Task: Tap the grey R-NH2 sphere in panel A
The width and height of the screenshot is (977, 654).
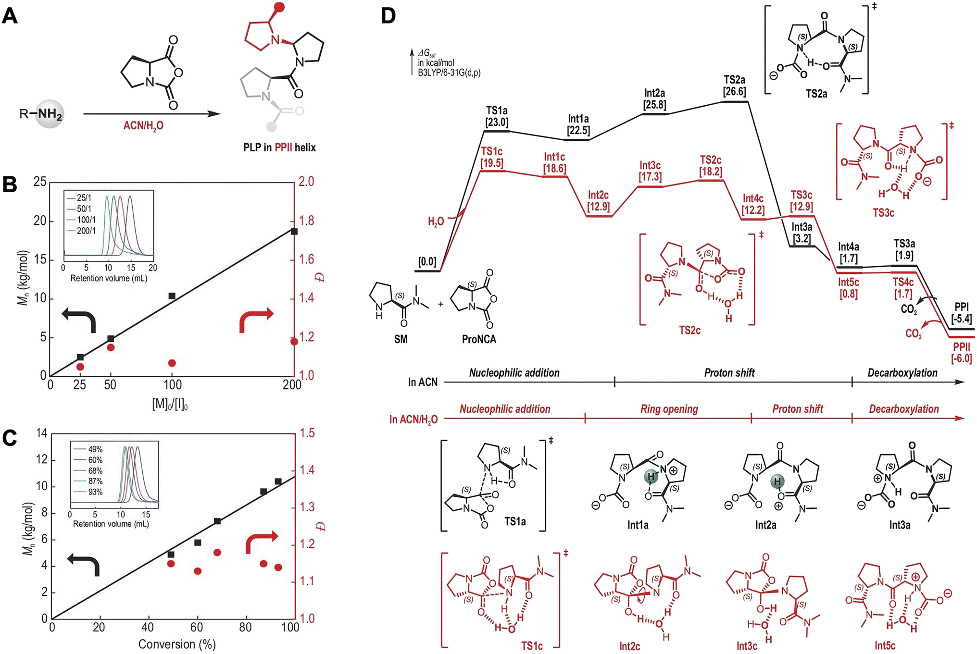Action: click(x=50, y=114)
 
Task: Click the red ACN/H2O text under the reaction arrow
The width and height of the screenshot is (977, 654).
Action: click(x=143, y=126)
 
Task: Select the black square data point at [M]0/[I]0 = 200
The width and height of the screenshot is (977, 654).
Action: click(x=294, y=231)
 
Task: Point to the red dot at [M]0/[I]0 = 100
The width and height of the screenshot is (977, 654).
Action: click(x=172, y=363)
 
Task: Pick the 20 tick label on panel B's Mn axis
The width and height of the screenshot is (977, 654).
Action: click(x=40, y=221)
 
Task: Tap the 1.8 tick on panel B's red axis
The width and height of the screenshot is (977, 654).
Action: click(x=307, y=221)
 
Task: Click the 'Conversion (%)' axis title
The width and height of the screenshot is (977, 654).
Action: click(x=177, y=644)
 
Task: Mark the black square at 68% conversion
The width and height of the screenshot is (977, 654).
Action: click(x=217, y=521)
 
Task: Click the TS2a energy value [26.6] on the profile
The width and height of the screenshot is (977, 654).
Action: click(x=735, y=91)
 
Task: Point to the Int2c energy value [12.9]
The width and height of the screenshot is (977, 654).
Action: click(x=599, y=207)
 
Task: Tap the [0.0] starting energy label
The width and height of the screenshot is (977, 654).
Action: click(x=427, y=261)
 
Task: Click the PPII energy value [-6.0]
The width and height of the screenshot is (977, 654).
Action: click(x=962, y=358)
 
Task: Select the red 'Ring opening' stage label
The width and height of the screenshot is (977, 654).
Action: click(x=669, y=409)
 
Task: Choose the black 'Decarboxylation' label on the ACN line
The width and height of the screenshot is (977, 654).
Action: click(x=902, y=373)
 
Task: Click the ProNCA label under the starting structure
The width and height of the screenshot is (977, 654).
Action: click(x=479, y=339)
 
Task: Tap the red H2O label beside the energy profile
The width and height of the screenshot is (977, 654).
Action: click(x=436, y=222)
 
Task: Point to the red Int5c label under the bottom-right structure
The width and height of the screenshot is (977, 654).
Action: click(x=885, y=645)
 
